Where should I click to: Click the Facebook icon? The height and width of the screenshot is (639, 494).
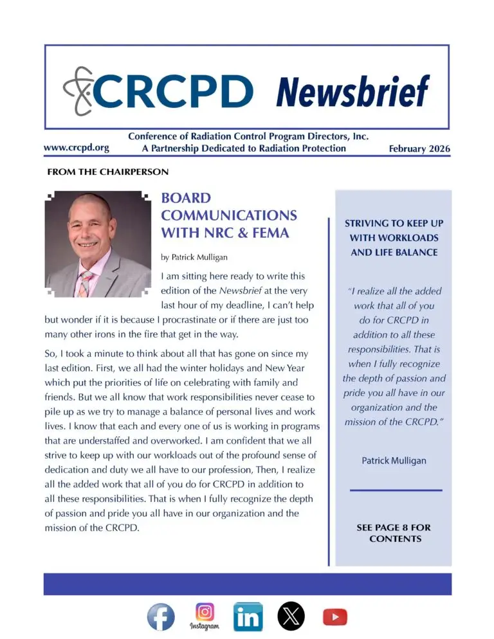pyautogui.click(x=161, y=616)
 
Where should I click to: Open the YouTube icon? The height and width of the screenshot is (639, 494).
pyautogui.click(x=334, y=616)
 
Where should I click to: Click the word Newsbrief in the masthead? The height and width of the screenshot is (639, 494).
pyautogui.click(x=352, y=91)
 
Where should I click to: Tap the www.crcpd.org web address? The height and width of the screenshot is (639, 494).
pyautogui.click(x=76, y=147)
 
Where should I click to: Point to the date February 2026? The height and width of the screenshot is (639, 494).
pyautogui.click(x=419, y=148)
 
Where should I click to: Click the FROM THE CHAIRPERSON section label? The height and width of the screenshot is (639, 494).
pyautogui.click(x=108, y=172)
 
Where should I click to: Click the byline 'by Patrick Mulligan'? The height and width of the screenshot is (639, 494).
pyautogui.click(x=194, y=257)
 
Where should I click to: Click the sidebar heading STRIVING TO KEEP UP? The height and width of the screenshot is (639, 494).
pyautogui.click(x=394, y=223)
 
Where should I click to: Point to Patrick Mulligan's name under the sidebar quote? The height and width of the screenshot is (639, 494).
pyautogui.click(x=394, y=461)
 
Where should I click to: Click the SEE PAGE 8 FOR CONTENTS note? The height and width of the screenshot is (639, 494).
pyautogui.click(x=394, y=533)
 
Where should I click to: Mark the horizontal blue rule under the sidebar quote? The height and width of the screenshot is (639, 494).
pyautogui.click(x=396, y=491)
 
